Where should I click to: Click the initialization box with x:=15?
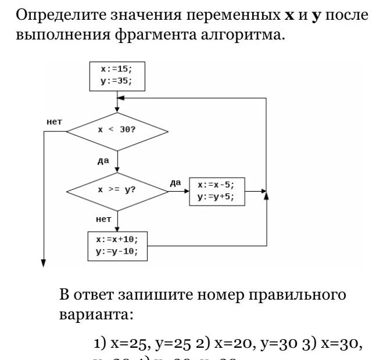tap(116, 75)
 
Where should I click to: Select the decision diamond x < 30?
tap(117, 131)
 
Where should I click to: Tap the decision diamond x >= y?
tap(117, 190)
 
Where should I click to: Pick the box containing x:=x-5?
tap(216, 191)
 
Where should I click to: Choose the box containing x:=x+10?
tap(117, 246)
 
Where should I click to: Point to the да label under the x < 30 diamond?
tap(103, 160)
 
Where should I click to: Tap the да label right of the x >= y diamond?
tap(175, 182)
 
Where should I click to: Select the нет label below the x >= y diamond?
tap(103, 219)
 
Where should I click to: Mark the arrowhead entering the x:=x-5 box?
tap(186, 190)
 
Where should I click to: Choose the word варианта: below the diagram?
tap(96, 315)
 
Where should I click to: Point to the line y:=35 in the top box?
tap(116, 81)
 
